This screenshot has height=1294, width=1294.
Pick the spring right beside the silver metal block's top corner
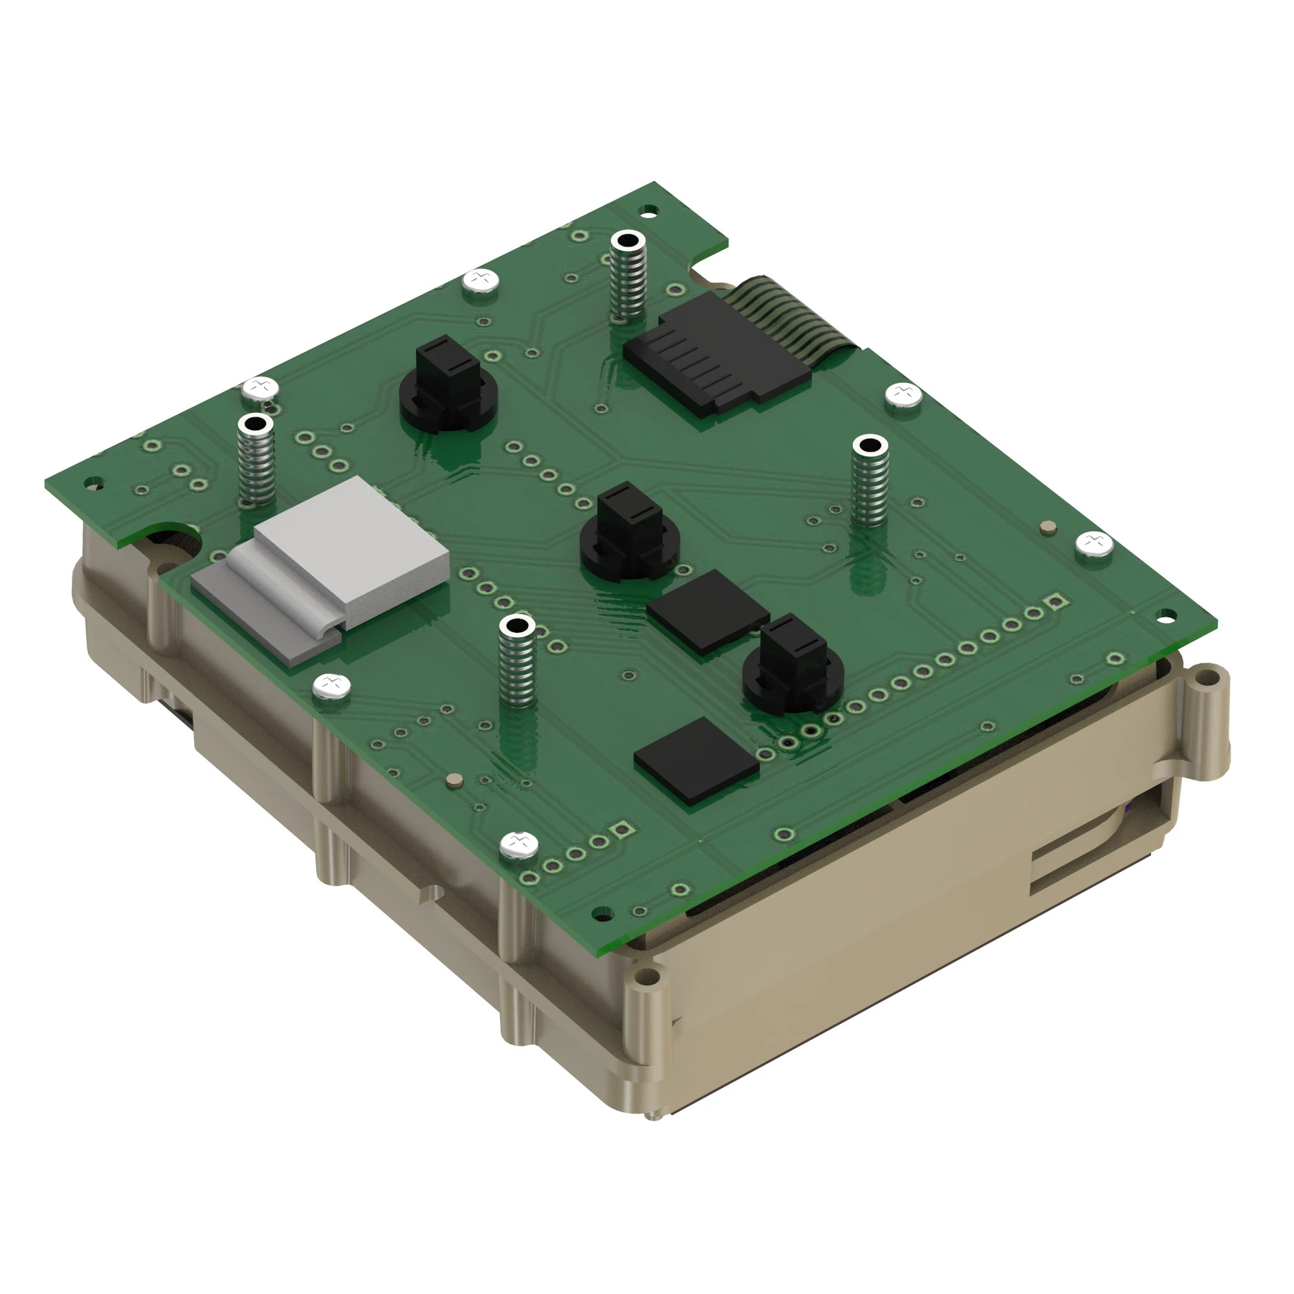pyautogui.click(x=256, y=462)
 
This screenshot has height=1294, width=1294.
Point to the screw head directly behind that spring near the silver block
pyautogui.click(x=261, y=387)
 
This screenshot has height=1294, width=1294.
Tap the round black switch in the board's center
pyautogui.click(x=630, y=536)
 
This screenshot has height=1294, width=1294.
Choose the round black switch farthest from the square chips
pyautogui.click(x=448, y=385)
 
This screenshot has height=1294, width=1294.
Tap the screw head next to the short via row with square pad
pyautogui.click(x=519, y=845)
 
